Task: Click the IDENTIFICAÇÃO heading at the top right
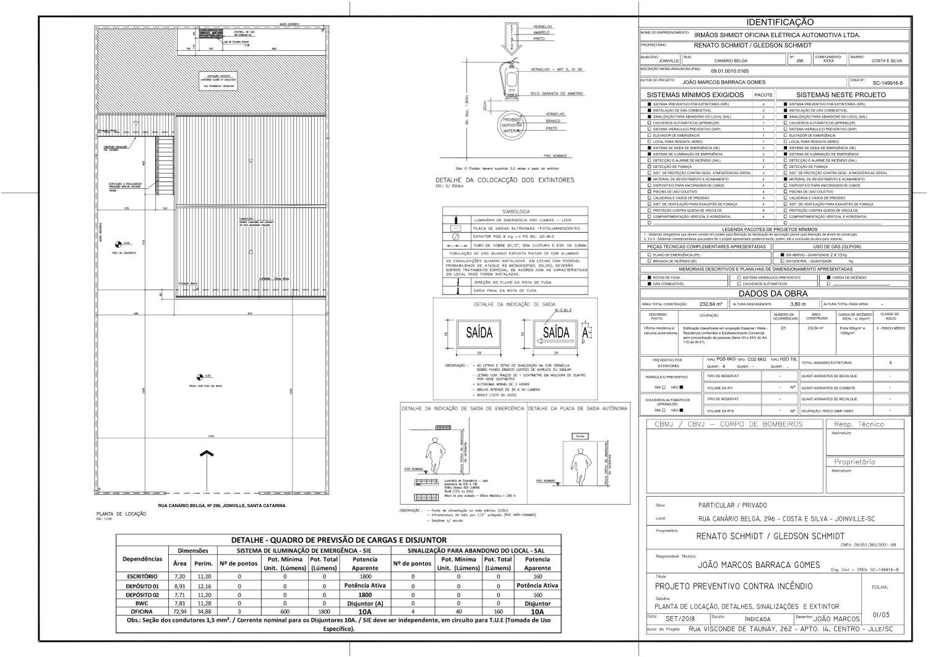coord(775,22)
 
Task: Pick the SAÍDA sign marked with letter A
coord(556,333)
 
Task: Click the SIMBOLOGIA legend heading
coord(515,212)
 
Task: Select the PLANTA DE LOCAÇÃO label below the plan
coord(121,514)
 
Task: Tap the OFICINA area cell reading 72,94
coord(179,611)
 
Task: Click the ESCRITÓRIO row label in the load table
coord(142,577)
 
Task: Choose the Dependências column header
coord(142,559)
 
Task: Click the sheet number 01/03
coord(880,615)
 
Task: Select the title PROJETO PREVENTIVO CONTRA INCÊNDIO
coord(734,586)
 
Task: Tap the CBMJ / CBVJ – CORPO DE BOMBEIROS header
coord(728,424)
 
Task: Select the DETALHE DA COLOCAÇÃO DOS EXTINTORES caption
coord(505,180)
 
